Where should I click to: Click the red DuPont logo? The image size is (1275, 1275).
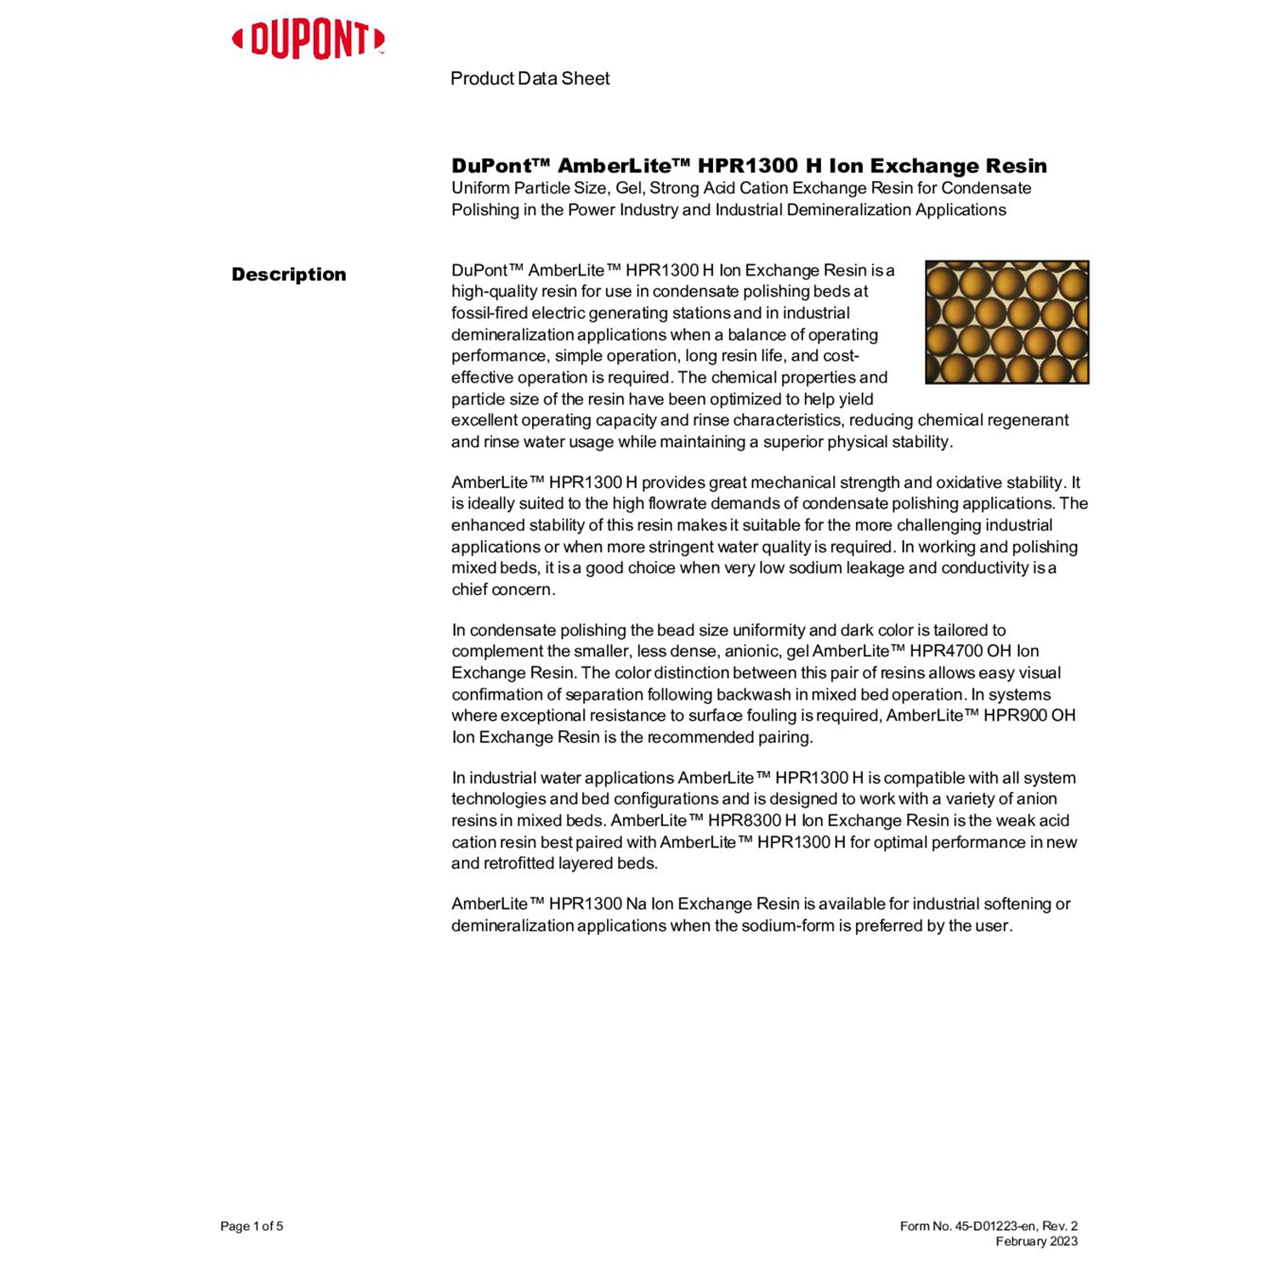point(308,40)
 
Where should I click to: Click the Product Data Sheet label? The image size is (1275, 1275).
point(530,79)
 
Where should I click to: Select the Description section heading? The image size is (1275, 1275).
point(289,275)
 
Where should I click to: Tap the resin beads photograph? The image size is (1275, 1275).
point(1006,322)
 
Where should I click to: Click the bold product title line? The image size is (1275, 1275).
point(749,166)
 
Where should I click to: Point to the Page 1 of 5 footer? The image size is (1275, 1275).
point(252,1226)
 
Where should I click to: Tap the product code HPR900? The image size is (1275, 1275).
point(1014,716)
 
